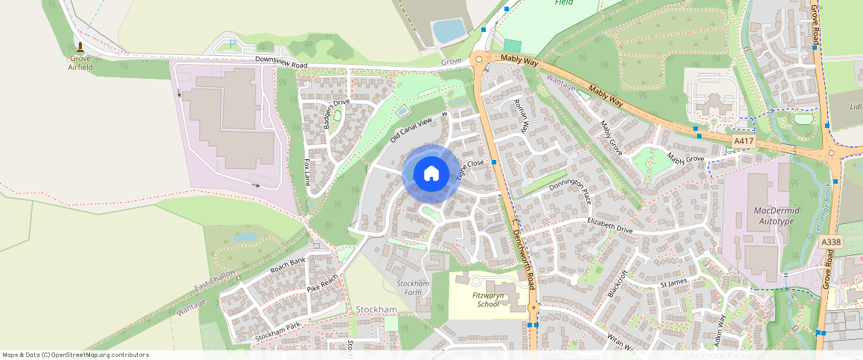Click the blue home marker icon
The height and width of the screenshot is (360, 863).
point(431,174)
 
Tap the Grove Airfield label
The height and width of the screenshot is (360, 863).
point(80,62)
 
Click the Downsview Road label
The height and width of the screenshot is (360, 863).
point(280,64)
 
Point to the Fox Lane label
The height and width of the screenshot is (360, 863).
point(307,172)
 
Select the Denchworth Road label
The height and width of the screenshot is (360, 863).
point(524,257)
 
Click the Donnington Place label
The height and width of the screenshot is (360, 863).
point(570,191)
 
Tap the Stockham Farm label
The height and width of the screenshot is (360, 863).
point(413,288)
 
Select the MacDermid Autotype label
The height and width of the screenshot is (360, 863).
point(765,216)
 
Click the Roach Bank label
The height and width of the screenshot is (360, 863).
point(288,266)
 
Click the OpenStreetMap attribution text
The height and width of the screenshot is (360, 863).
point(75,355)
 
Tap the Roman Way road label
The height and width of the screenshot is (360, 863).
point(521,115)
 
